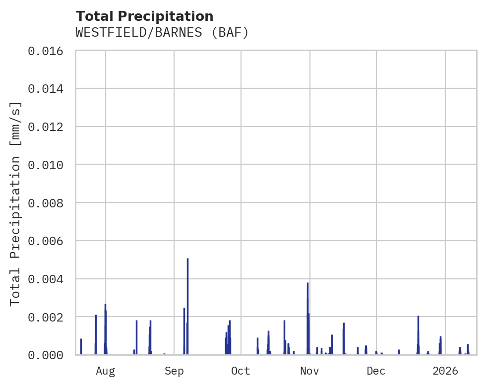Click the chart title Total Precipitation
144,16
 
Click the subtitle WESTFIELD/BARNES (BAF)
162,33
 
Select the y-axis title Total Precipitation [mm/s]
15,203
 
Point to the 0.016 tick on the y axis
49,51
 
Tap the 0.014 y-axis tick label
49,89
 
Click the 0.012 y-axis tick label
49,127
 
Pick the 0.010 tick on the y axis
49,165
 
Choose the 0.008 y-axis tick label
49,203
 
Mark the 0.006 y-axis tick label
49,241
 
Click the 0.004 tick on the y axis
49,279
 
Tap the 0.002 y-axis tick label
49,317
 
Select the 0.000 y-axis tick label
49,355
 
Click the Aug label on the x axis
105,371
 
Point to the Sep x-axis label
174,371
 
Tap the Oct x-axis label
241,371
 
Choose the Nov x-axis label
309,371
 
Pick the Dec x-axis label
376,371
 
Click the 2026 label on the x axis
445,371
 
